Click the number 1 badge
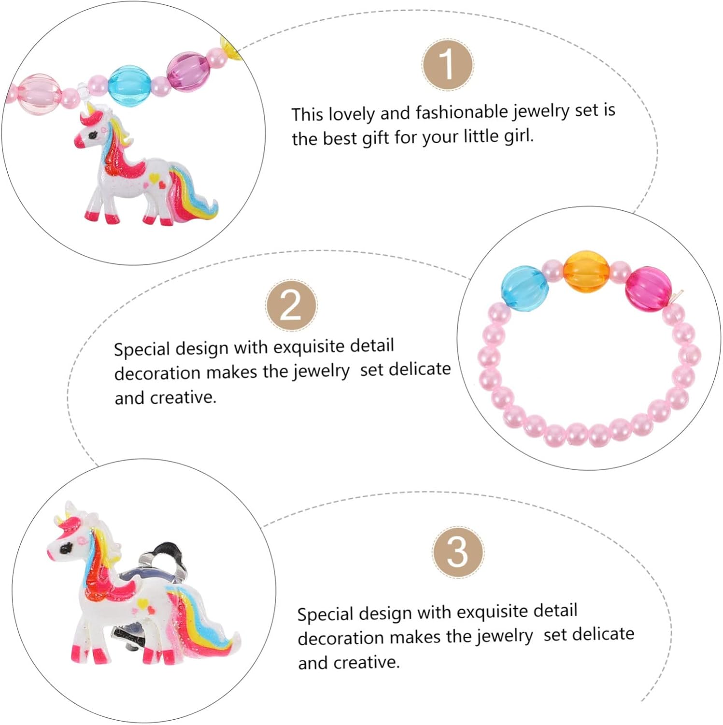[x=447, y=65]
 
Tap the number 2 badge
[x=291, y=305]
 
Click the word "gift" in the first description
[x=376, y=139]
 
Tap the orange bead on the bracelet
[x=586, y=271]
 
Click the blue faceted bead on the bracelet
[x=525, y=286]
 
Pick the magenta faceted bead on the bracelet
[x=649, y=289]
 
